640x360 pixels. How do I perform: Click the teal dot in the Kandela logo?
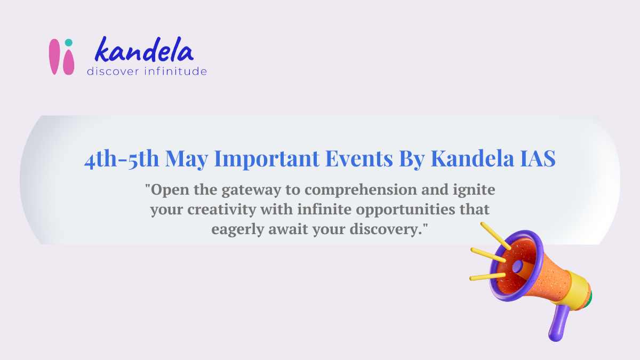pos(68,43)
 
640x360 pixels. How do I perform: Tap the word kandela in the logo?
pos(143,51)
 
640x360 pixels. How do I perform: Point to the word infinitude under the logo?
pos(175,71)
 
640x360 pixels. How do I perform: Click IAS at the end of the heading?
pos(537,159)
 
